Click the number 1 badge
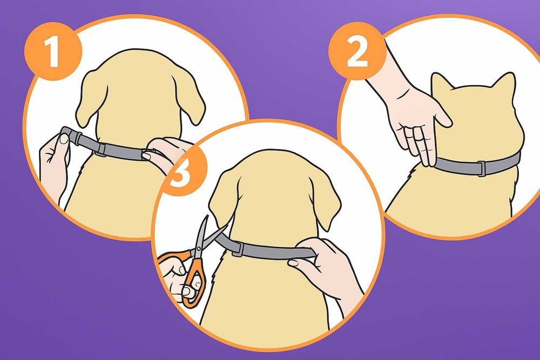53,52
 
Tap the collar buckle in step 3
238,248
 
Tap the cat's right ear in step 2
504,82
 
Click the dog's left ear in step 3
220,200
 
